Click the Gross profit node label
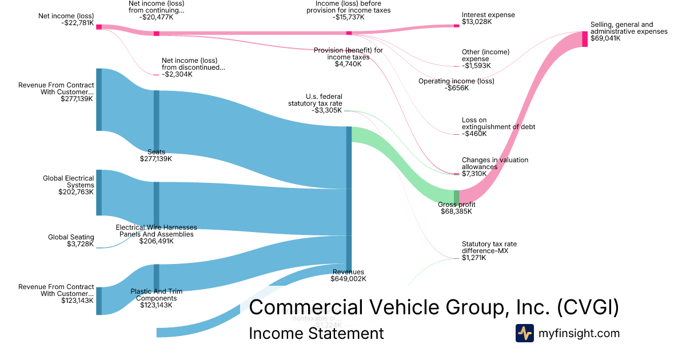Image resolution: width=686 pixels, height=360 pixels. tap(456, 205)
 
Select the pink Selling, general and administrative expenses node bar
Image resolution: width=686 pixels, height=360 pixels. tap(585, 39)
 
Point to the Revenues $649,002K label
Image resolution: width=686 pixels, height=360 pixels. tap(348, 275)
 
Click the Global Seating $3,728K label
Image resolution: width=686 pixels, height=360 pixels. tap(70, 241)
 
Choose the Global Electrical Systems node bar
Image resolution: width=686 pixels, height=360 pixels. tap(99, 193)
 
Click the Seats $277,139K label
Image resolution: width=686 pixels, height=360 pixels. tap(156, 155)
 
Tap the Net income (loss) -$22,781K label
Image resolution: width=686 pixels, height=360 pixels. tap(66, 19)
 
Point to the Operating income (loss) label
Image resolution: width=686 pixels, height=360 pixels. tap(456, 81)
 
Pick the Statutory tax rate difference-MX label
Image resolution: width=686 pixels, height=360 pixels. tap(489, 247)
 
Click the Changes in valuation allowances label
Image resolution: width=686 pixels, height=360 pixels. tap(494, 163)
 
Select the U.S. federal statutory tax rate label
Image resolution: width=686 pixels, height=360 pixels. tap(315, 103)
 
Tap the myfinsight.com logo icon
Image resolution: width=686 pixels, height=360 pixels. tap(525, 333)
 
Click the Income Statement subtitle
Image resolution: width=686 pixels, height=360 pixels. tap(316, 334)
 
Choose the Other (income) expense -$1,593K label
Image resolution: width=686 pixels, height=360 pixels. tap(485, 59)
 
